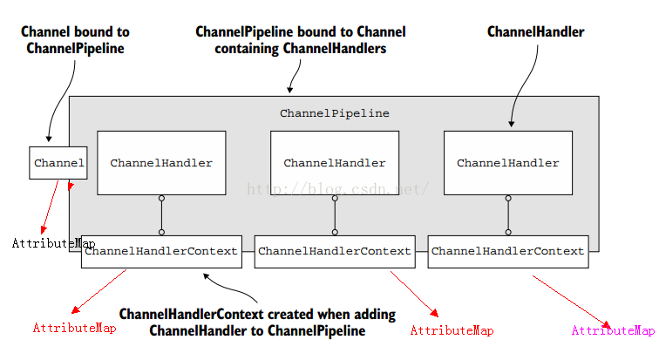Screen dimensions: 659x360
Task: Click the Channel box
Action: point(58,163)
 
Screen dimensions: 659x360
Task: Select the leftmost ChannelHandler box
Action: point(161,163)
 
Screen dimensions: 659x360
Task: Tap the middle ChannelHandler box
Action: point(335,163)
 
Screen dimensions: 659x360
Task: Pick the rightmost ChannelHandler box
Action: point(508,163)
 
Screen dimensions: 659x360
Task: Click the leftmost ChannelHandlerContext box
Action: point(161,252)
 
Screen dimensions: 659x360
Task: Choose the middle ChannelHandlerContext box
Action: point(335,252)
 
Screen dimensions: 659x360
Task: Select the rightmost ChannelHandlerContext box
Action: point(508,252)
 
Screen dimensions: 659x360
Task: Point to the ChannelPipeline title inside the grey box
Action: point(335,113)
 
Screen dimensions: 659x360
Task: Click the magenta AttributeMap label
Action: point(613,330)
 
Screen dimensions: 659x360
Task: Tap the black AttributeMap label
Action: point(53,243)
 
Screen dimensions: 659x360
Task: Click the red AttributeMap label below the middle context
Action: point(452,330)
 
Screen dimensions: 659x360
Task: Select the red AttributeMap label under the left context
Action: point(74,328)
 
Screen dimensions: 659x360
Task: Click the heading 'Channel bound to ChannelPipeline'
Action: point(75,40)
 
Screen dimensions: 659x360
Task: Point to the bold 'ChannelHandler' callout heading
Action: point(535,31)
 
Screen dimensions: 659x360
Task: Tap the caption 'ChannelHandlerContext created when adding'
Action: point(257,314)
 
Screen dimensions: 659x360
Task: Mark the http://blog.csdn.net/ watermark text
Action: point(337,189)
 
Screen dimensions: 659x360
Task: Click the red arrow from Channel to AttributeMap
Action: point(50,207)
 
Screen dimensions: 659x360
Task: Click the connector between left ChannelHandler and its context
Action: point(161,215)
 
